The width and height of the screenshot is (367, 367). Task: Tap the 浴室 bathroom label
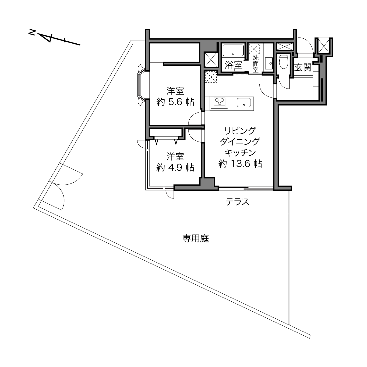233,65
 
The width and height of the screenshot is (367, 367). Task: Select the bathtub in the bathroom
233,50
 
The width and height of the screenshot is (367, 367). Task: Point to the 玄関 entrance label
303,67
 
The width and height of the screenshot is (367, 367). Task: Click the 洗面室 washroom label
256,64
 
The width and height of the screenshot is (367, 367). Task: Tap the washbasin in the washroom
269,64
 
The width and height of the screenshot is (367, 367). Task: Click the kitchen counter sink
244,103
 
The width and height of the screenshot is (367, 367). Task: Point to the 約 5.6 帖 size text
175,102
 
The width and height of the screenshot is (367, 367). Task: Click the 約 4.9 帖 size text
175,168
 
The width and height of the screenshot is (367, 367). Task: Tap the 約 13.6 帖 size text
240,164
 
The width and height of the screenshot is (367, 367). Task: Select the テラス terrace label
237,202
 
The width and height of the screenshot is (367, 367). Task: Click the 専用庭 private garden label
196,238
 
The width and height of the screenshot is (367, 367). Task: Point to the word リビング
240,131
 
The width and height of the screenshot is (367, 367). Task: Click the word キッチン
240,152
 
